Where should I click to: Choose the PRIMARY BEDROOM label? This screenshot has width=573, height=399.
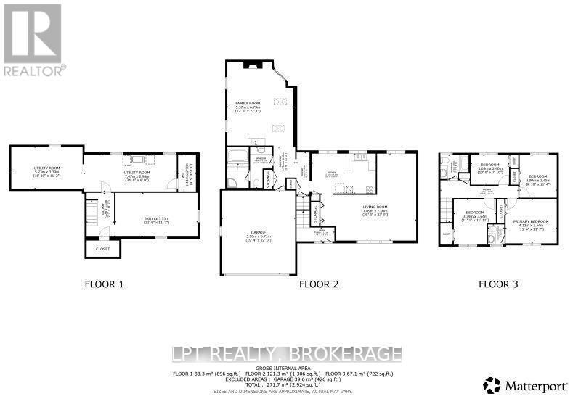(x=530, y=223)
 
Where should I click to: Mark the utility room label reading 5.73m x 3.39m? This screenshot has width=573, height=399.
(x=45, y=170)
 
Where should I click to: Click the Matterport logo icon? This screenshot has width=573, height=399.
(x=492, y=383)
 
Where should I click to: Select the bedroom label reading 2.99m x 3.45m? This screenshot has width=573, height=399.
(x=538, y=179)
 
